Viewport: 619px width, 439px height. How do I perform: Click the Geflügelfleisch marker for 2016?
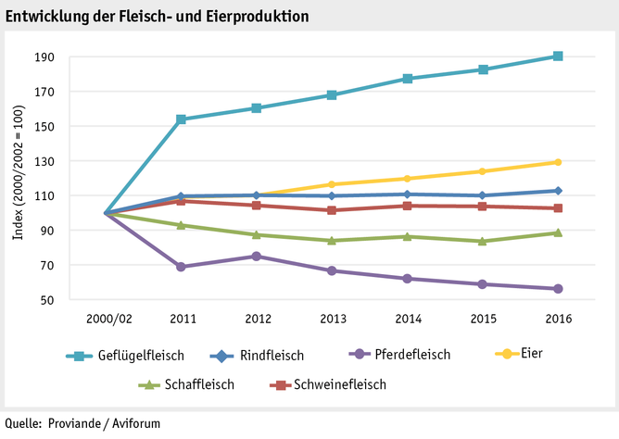tap(558, 56)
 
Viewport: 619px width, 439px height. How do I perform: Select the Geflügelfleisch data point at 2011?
tap(181, 119)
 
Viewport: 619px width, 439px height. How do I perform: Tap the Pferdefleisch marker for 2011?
tap(181, 267)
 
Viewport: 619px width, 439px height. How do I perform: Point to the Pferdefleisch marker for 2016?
tap(558, 289)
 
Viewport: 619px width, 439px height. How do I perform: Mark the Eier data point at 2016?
tap(558, 162)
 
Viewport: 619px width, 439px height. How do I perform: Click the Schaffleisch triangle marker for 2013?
tap(332, 241)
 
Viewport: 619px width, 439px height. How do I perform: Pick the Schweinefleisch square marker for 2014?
tap(407, 206)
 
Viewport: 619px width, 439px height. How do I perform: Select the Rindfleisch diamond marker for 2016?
tap(558, 191)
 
